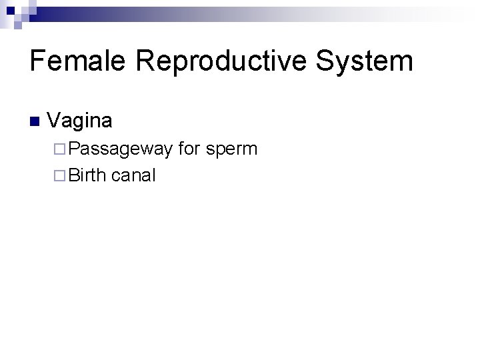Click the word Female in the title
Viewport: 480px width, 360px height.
click(x=79, y=61)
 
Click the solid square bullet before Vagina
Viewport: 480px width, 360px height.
click(x=35, y=122)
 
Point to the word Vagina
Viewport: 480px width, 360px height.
click(x=80, y=121)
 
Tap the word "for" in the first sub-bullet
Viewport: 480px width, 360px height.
click(x=189, y=148)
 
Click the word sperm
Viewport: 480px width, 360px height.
click(x=231, y=149)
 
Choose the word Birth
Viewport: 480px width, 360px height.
click(x=88, y=175)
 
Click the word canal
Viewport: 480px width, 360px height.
click(x=133, y=175)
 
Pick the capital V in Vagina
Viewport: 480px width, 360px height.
click(x=54, y=121)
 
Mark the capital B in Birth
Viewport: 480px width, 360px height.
click(x=73, y=175)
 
